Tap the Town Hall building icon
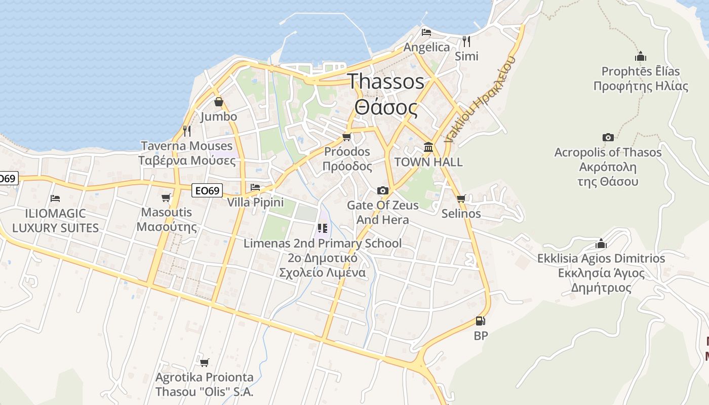[428, 147]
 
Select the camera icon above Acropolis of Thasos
[608, 137]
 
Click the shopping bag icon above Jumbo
[218, 102]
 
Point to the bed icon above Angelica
[426, 32]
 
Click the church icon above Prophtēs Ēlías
[640, 56]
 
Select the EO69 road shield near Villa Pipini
[208, 191]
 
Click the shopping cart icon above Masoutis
[166, 197]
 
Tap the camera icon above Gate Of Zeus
[383, 190]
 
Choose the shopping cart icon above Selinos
[461, 198]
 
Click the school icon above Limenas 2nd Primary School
[323, 228]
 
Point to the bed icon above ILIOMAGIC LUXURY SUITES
[55, 198]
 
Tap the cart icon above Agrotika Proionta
[204, 362]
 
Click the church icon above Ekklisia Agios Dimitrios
[601, 244]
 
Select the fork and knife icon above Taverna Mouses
[187, 131]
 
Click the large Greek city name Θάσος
[386, 107]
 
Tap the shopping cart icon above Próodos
[347, 137]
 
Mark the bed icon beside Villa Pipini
[255, 187]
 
